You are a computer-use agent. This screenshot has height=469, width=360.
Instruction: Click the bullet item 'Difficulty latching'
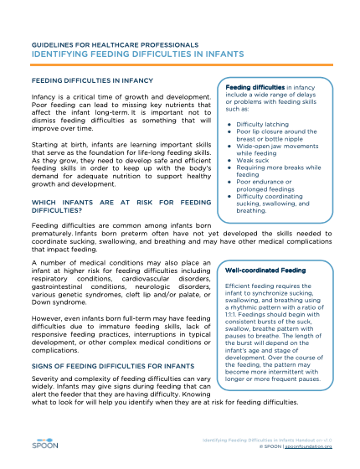pyautogui.click(x=265, y=124)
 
